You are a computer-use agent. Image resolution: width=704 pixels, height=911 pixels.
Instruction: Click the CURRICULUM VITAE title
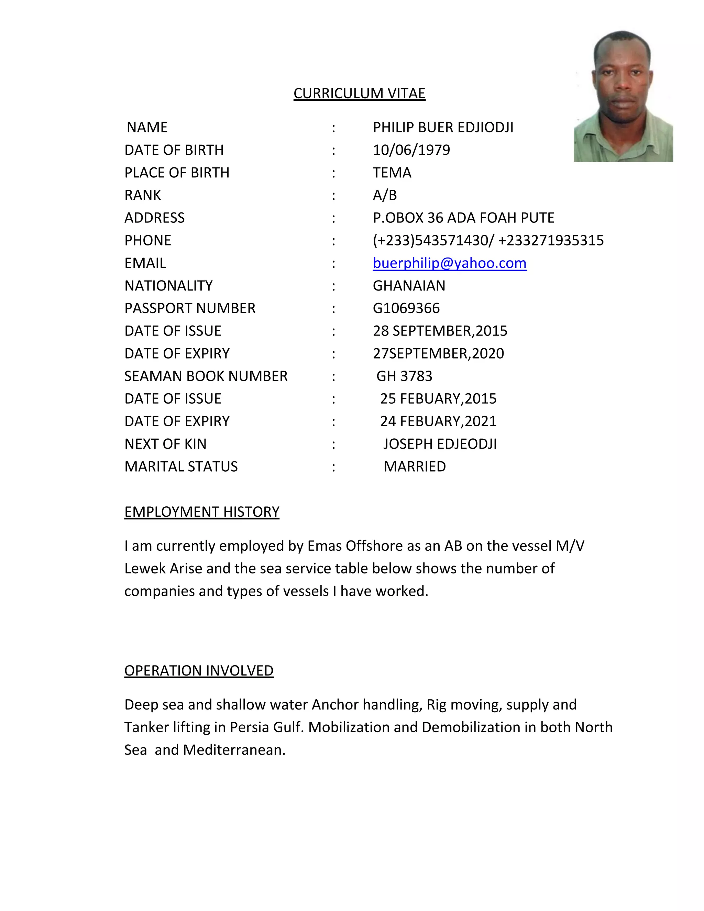[x=359, y=93]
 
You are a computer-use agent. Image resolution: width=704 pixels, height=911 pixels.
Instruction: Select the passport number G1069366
[x=406, y=308]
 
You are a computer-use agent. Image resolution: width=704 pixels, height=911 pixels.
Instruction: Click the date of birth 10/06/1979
[x=411, y=150]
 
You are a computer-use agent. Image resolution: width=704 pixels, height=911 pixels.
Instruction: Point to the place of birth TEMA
[x=392, y=172]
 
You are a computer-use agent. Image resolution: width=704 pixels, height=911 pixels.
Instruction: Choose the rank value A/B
[x=385, y=195]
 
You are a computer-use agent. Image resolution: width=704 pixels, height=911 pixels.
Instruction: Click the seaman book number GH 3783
[x=404, y=376]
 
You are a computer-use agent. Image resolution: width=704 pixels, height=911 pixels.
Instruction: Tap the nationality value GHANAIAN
[x=409, y=285]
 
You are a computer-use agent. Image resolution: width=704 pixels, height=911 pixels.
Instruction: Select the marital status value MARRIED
[x=415, y=467]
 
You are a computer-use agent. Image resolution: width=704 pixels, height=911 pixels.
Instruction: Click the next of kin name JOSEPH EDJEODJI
[x=440, y=444]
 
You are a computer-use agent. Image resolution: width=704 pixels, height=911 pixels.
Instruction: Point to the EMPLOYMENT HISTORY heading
[x=201, y=512]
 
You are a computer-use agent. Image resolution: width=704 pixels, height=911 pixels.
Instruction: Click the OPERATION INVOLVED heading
[x=199, y=670]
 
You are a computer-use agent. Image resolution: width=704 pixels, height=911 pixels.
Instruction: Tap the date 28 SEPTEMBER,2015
[x=440, y=331]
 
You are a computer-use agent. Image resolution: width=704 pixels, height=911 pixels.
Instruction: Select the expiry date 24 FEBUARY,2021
[x=438, y=421]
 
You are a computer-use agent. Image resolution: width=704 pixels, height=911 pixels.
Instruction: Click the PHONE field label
[x=147, y=240]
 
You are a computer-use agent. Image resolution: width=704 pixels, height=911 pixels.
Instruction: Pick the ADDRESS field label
[x=154, y=218]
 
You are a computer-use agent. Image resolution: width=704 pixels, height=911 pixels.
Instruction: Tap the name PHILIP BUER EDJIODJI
[x=443, y=127]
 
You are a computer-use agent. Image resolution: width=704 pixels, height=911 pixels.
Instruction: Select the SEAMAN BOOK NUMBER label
[x=206, y=376]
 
